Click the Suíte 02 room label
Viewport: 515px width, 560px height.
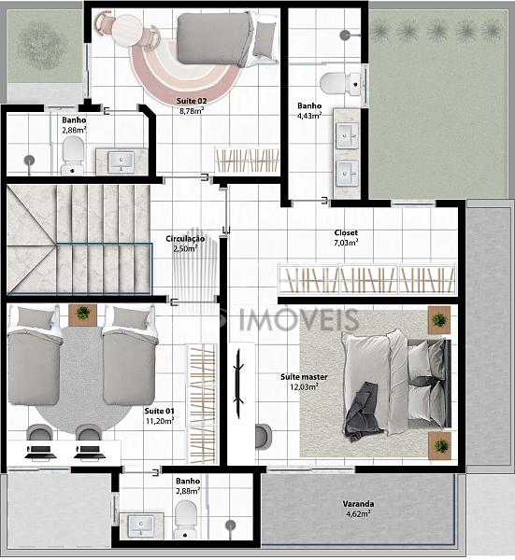[x=192, y=101]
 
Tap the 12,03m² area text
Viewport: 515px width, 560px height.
[x=304, y=386]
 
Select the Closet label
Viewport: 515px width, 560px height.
[x=346, y=232]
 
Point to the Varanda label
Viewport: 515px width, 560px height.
[x=358, y=504]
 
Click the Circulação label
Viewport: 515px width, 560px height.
[x=185, y=239]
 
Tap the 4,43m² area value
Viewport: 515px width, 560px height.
[x=309, y=116]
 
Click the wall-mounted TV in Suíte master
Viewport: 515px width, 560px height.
[x=238, y=384]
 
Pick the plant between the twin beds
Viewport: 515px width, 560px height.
[x=83, y=314]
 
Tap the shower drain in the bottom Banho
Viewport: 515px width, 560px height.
[x=231, y=525]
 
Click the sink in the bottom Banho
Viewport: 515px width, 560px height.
[x=141, y=526]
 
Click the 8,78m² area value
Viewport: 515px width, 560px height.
[x=192, y=111]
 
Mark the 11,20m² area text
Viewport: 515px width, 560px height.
[x=160, y=421]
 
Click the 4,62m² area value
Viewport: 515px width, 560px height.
[x=358, y=514]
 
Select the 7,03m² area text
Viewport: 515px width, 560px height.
[x=346, y=243]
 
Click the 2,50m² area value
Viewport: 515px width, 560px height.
[x=185, y=248]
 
